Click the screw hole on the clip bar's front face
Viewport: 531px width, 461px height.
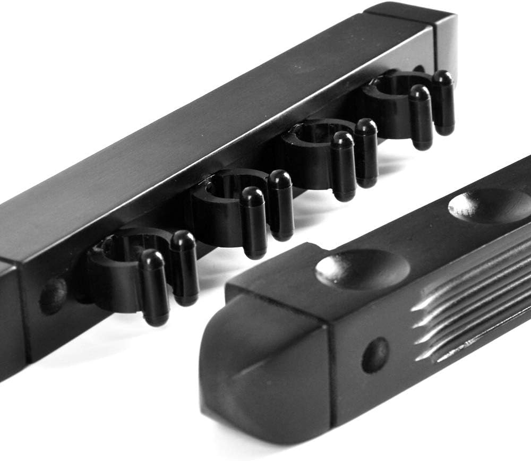54,295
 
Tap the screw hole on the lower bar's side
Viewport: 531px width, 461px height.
375,355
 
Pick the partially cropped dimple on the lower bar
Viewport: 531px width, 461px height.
491,204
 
